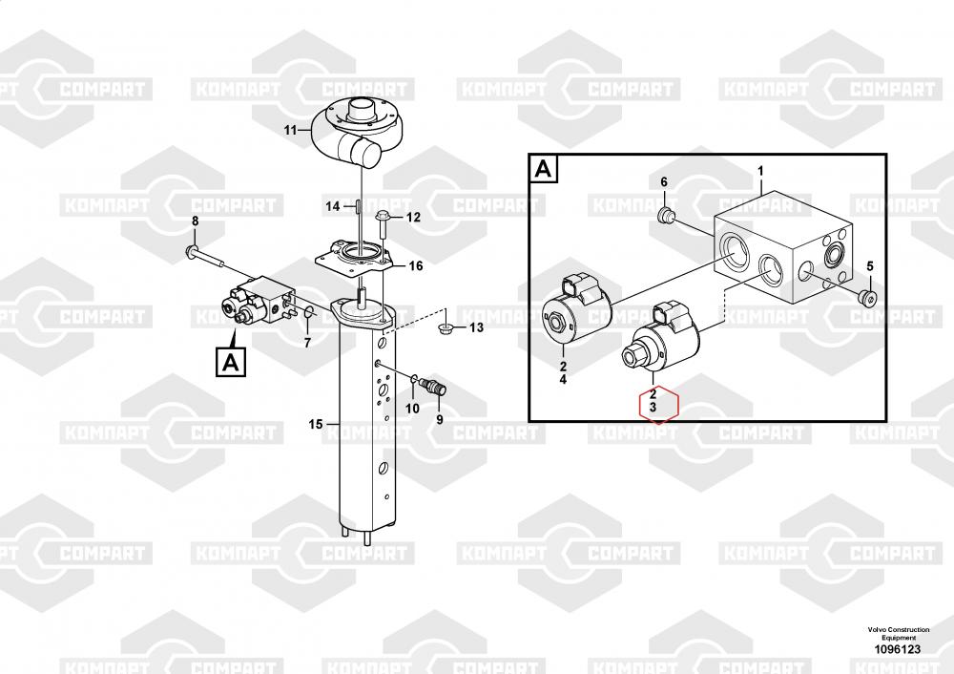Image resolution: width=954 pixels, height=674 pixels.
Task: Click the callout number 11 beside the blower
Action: (290, 130)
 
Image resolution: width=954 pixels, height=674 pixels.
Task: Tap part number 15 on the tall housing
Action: (315, 424)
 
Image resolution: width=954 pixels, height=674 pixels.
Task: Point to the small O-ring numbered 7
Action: (309, 313)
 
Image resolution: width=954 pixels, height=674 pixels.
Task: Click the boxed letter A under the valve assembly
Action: (231, 362)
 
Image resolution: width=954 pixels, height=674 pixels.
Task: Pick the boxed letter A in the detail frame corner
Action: (544, 169)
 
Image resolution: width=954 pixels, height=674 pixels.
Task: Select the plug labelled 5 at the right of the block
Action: (868, 297)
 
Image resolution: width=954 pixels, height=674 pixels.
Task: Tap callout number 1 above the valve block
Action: (760, 172)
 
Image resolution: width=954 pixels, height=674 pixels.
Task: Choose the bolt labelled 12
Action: (384, 224)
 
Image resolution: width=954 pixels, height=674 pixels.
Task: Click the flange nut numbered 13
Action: (445, 329)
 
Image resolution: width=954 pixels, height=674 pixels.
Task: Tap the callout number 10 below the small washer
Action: (412, 408)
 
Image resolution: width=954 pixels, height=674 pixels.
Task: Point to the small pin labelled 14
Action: (359, 206)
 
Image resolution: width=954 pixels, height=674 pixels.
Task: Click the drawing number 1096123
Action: (898, 649)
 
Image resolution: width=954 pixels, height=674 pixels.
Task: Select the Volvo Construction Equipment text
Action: (899, 633)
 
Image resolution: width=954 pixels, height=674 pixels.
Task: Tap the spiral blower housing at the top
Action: (354, 134)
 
